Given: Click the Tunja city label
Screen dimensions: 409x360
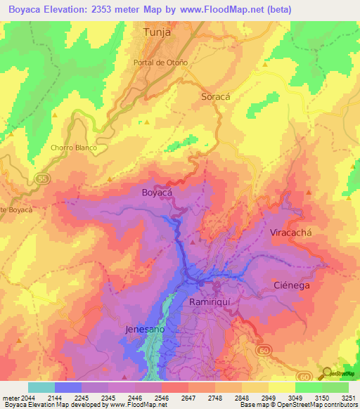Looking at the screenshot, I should pos(157,32).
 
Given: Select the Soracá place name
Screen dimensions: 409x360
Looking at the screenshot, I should pos(215,97).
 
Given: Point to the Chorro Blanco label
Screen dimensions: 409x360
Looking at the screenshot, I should pos(73,148).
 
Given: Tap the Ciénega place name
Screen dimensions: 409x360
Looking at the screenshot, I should pos(292,285).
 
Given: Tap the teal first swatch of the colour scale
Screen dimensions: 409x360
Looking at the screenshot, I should pos(41,387).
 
